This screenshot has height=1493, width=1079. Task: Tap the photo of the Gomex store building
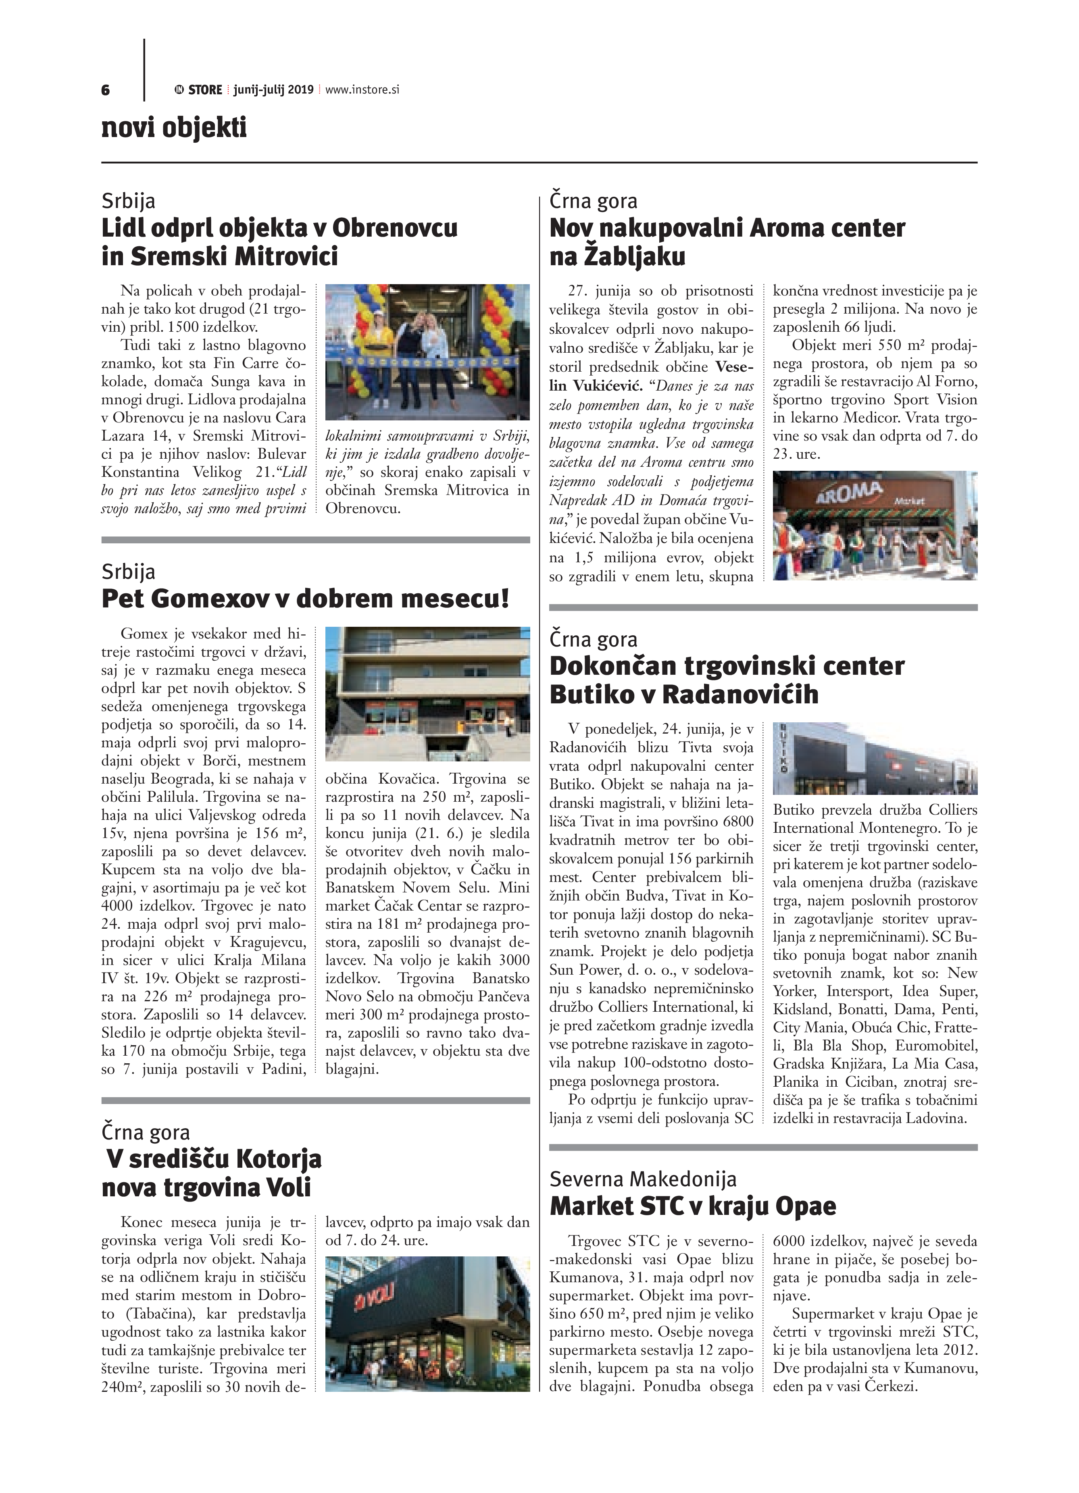pos(427,693)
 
